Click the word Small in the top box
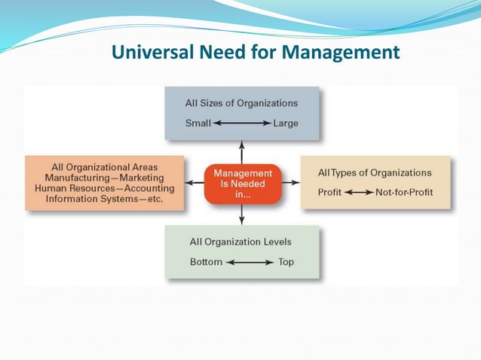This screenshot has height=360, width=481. tap(198, 123)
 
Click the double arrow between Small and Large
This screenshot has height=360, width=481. tap(240, 123)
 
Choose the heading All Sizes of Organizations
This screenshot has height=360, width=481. tap(241, 102)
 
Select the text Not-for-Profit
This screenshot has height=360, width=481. tap(404, 192)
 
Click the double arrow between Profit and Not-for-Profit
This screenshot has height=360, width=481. tap(359, 192)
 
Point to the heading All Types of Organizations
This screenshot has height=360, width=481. tap(375, 172)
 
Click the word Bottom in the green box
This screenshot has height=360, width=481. tap(206, 262)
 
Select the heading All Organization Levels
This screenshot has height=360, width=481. tap(241, 242)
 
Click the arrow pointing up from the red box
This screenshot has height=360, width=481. tap(241, 149)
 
